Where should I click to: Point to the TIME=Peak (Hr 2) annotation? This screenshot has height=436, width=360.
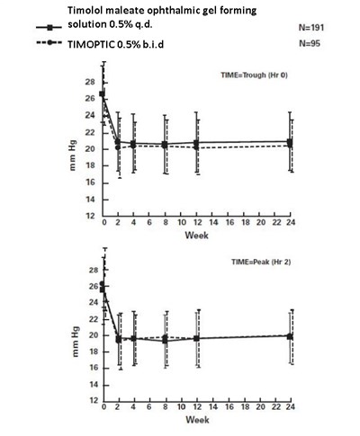click(x=251, y=262)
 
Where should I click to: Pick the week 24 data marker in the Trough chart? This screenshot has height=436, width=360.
click(x=288, y=143)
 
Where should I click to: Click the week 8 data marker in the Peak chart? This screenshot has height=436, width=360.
click(x=165, y=341)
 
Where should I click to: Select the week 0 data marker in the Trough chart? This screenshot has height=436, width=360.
click(x=103, y=94)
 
